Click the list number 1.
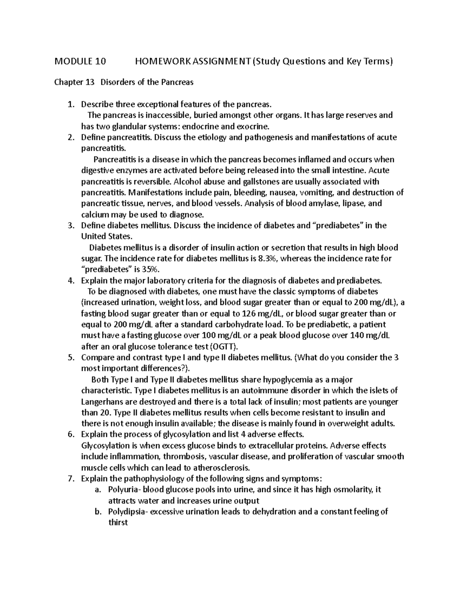click(x=70, y=104)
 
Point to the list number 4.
click(x=70, y=280)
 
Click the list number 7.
click(x=70, y=479)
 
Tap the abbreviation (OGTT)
click(x=224, y=347)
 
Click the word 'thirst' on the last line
click(x=118, y=523)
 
